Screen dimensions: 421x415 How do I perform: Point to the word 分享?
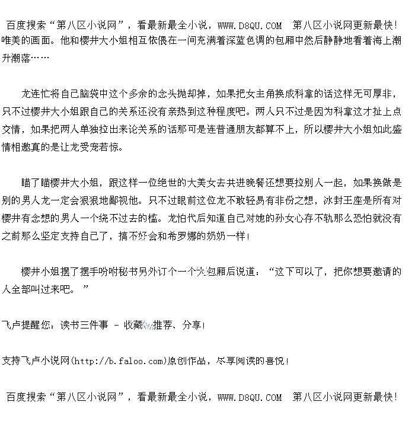191,325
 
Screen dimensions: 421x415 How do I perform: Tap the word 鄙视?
127,200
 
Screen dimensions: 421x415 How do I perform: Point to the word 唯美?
11,41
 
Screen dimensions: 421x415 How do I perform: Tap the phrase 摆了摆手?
84,272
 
